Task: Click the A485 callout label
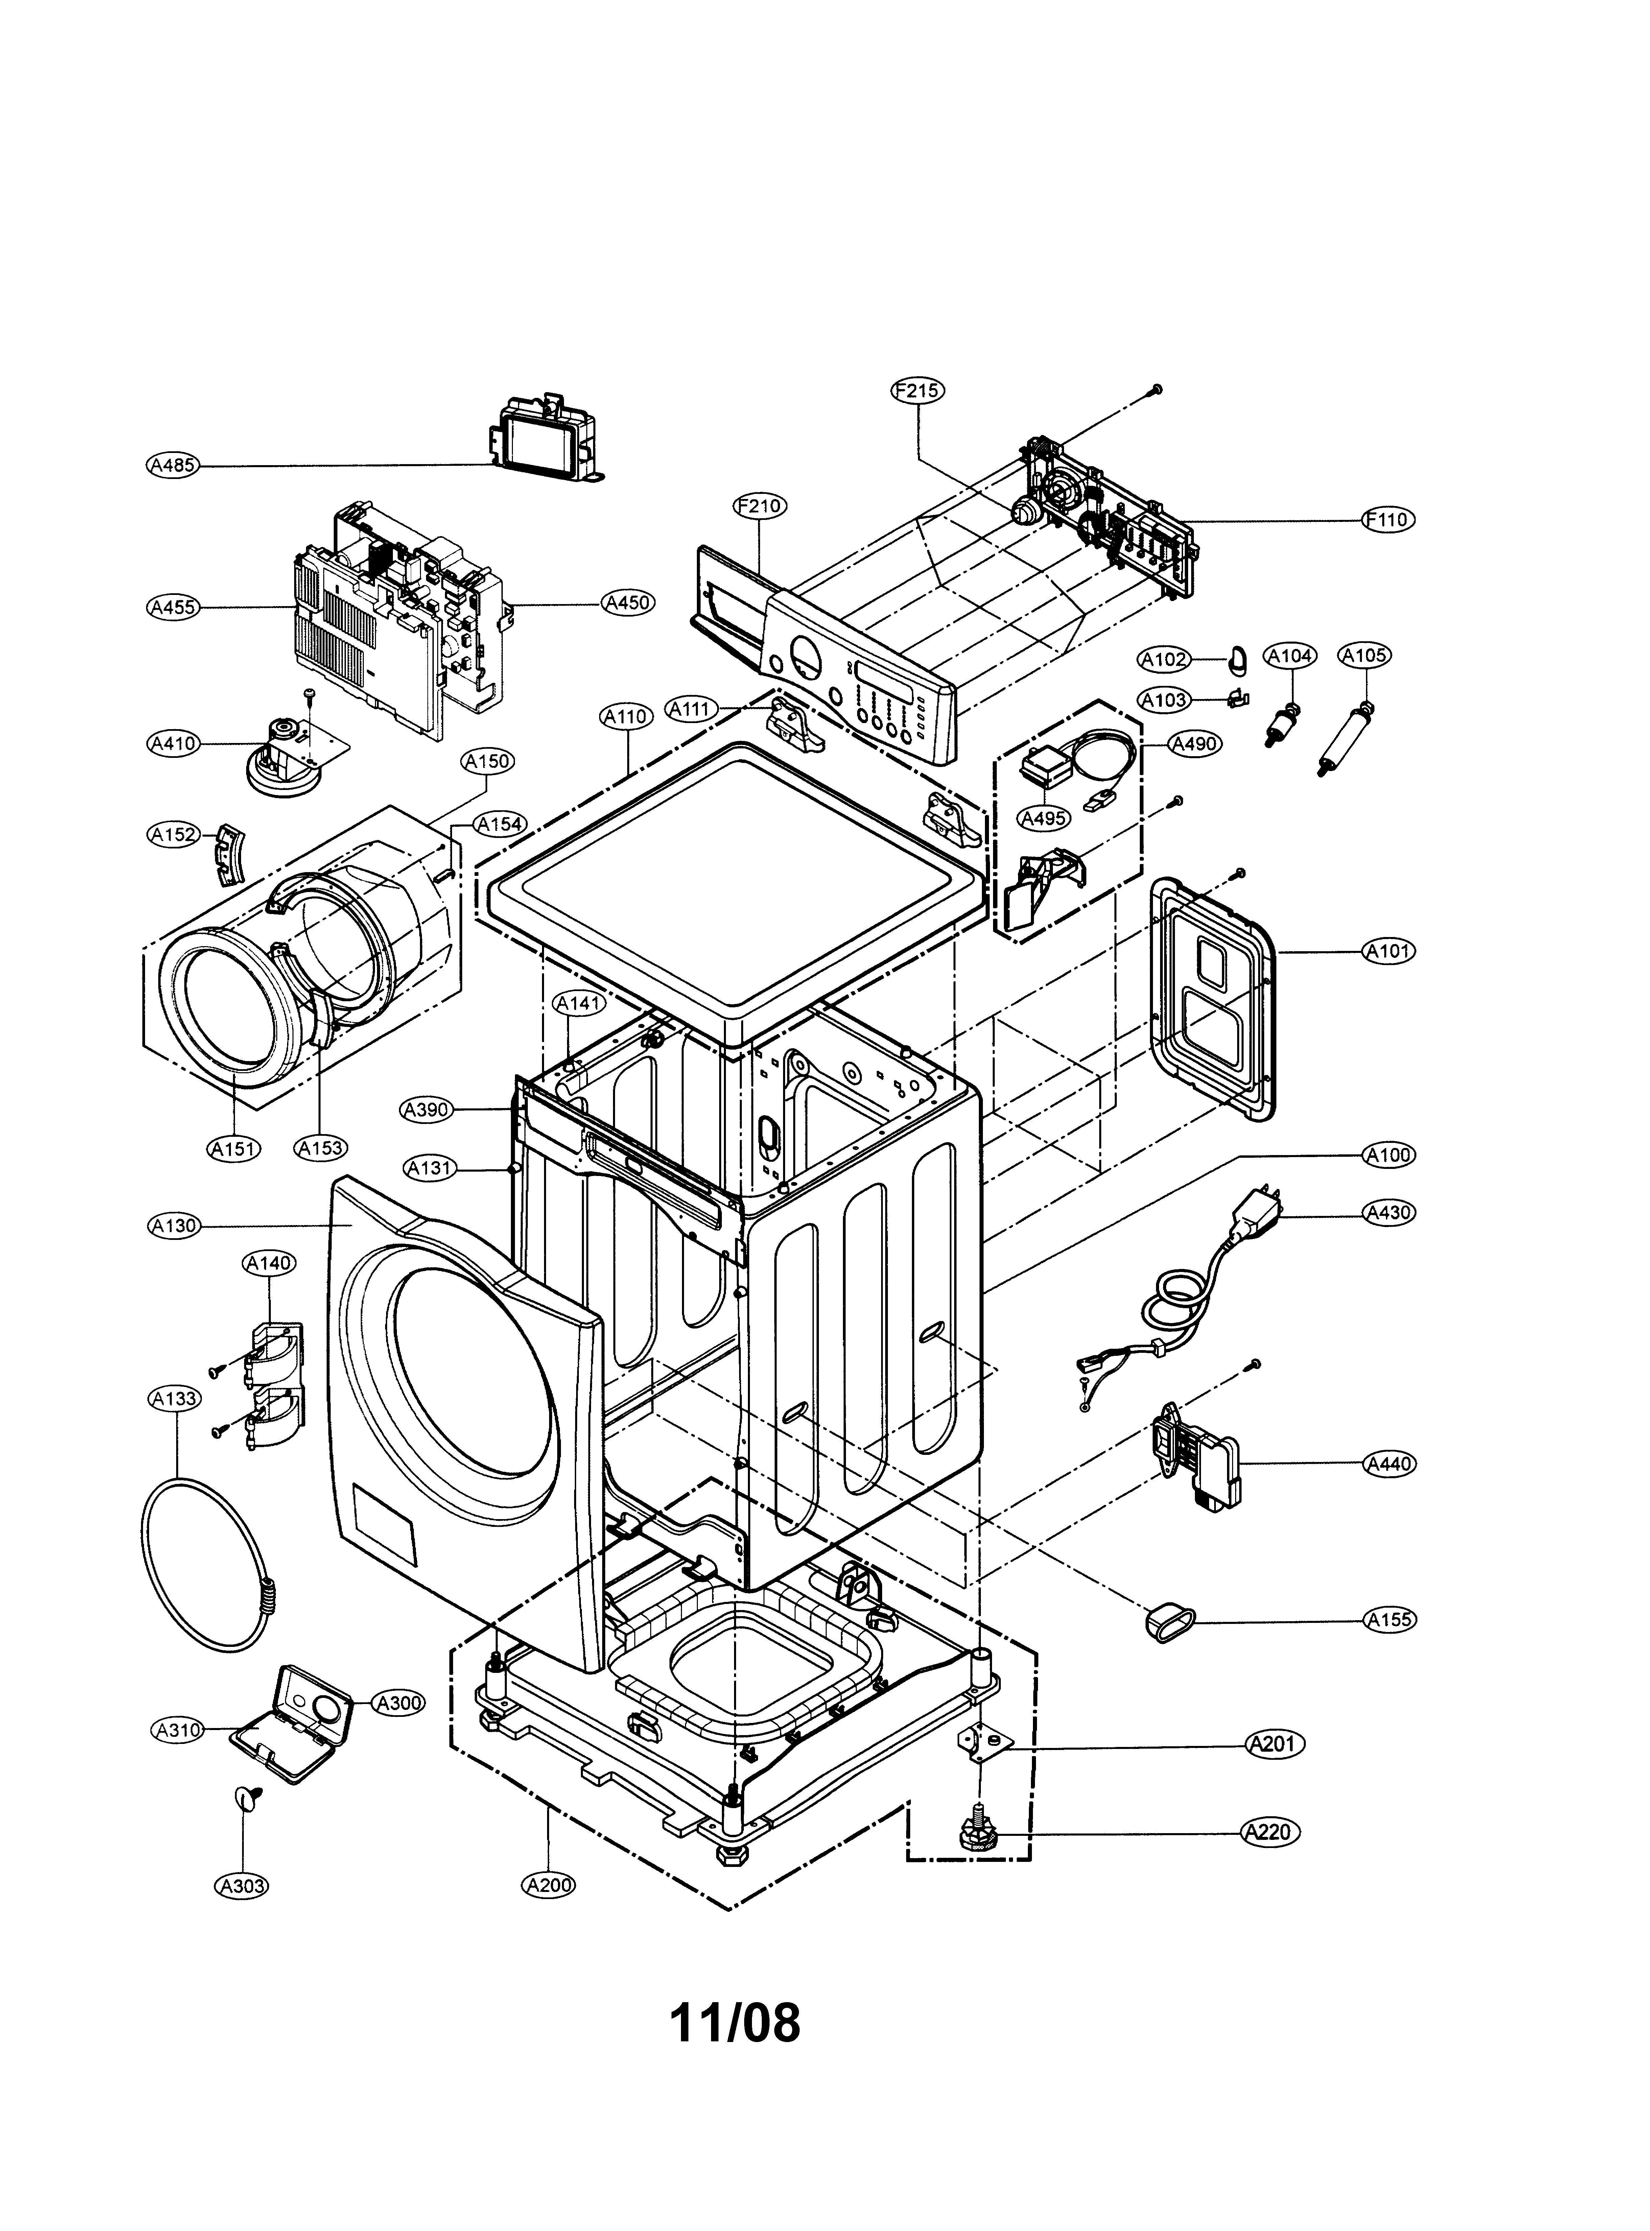coord(173,464)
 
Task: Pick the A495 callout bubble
coord(1044,818)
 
